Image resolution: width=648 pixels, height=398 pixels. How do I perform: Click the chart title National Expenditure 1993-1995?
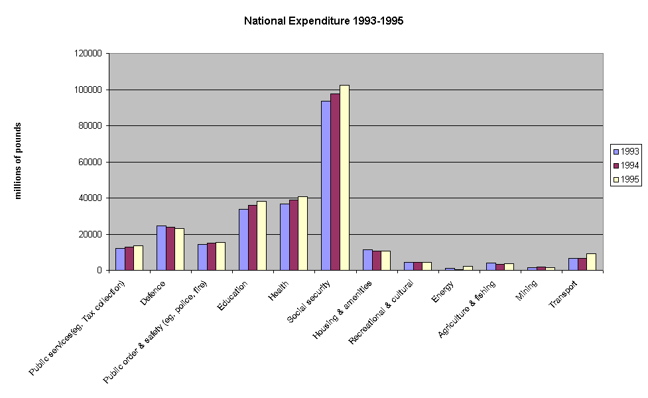[x=324, y=21]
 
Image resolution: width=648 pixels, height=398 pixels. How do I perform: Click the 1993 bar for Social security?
[x=326, y=186]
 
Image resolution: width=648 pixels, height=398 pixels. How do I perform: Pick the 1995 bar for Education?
[x=262, y=235]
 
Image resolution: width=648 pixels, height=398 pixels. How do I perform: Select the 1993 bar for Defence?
[x=161, y=248]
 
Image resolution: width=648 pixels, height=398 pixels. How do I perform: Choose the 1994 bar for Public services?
[x=129, y=259]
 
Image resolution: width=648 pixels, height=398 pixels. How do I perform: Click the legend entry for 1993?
[x=625, y=151]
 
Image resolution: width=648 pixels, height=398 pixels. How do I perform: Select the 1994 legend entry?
[x=625, y=165]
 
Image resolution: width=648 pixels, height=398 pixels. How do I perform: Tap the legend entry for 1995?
[x=625, y=179]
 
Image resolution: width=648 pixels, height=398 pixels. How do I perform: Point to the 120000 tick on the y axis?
[x=88, y=53]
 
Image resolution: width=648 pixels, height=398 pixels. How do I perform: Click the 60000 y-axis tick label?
[x=90, y=162]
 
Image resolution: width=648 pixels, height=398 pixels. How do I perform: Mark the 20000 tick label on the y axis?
[x=90, y=234]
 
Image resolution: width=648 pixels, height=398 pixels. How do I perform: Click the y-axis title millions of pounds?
[x=19, y=161]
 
